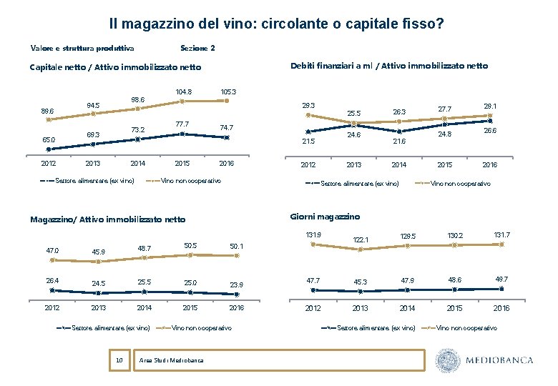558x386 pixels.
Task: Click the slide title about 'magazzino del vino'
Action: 277,24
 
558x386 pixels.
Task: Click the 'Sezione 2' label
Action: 197,49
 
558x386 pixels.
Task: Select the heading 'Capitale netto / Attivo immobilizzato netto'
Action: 115,68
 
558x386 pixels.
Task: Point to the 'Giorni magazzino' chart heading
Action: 325,217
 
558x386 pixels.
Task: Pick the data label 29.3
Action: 309,106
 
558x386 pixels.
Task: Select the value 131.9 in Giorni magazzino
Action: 313,234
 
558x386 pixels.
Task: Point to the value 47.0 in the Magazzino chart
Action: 52,251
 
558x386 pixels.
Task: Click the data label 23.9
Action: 235,284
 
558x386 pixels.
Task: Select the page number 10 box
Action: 119,360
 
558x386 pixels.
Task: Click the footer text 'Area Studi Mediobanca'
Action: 172,360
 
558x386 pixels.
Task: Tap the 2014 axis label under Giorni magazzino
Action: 407,308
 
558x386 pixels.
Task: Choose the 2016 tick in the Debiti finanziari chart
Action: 489,164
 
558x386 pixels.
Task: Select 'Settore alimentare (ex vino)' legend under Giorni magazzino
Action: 376,328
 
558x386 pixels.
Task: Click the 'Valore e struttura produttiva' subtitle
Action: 82,49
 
